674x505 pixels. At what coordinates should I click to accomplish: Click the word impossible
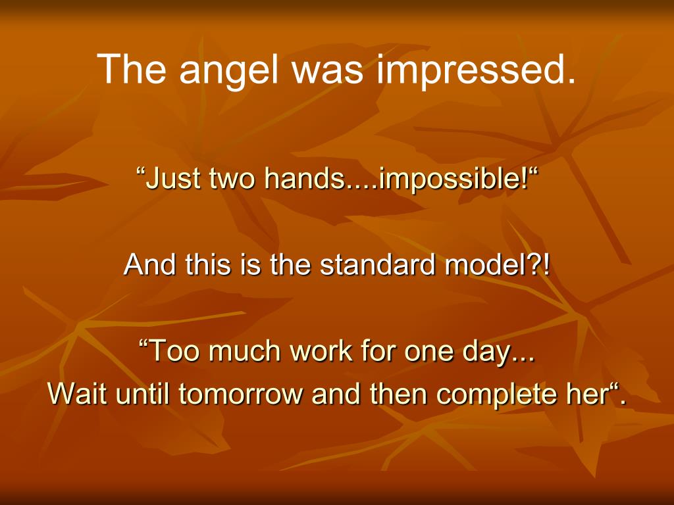tap(454, 178)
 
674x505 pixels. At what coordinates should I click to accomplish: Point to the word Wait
tap(78, 393)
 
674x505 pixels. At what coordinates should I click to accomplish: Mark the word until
tap(143, 393)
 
